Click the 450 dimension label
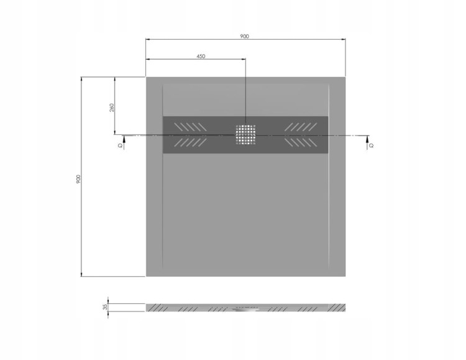click(x=201, y=56)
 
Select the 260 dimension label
click(x=112, y=108)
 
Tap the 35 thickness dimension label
click(x=105, y=307)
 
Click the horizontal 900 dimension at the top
click(x=244, y=36)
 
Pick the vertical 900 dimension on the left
click(x=78, y=179)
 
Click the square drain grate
click(x=246, y=134)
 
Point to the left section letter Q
click(x=120, y=145)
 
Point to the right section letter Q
click(x=372, y=145)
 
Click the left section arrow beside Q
click(x=124, y=142)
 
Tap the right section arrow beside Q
click(x=368, y=142)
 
